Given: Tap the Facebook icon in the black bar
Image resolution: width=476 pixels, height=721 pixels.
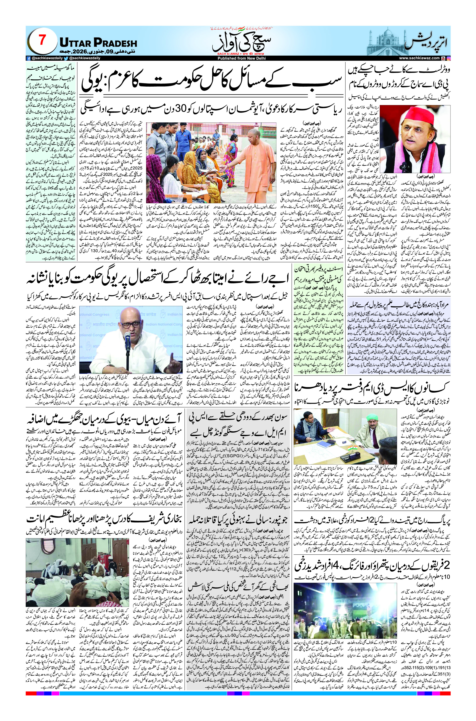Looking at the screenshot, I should click(x=28, y=58).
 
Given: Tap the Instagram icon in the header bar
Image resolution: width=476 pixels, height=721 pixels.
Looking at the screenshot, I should click(x=448, y=58).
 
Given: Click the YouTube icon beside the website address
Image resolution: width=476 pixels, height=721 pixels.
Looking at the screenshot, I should click(x=443, y=58).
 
